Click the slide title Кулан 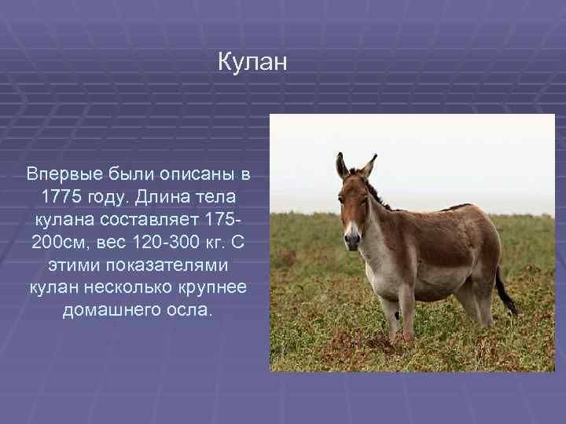click(253, 62)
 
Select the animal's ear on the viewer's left click(341, 166)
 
